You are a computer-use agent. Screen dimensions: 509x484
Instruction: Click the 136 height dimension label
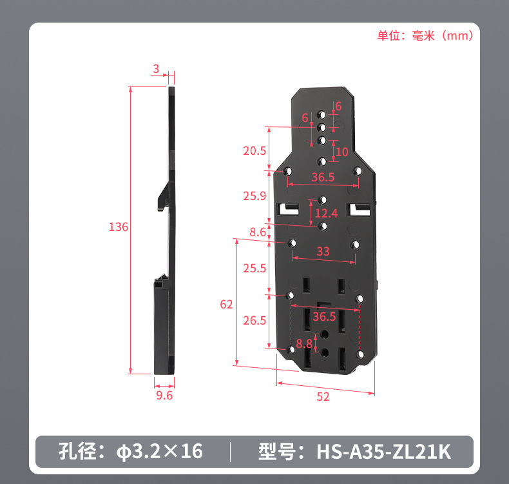(119, 227)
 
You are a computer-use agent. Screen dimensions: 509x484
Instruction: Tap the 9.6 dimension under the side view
(164, 395)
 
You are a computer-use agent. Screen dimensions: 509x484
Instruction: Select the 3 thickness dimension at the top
(156, 68)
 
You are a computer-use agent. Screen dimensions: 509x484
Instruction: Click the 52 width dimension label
(323, 397)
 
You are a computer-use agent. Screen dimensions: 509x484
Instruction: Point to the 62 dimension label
(226, 304)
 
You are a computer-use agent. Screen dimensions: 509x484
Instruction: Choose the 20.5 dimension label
(254, 151)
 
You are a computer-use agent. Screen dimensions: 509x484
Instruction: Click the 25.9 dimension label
(254, 196)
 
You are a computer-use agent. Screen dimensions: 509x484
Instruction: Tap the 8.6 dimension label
(258, 232)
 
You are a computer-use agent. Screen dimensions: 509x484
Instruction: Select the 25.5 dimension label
(254, 268)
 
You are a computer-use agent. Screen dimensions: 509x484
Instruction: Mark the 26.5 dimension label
(254, 321)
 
